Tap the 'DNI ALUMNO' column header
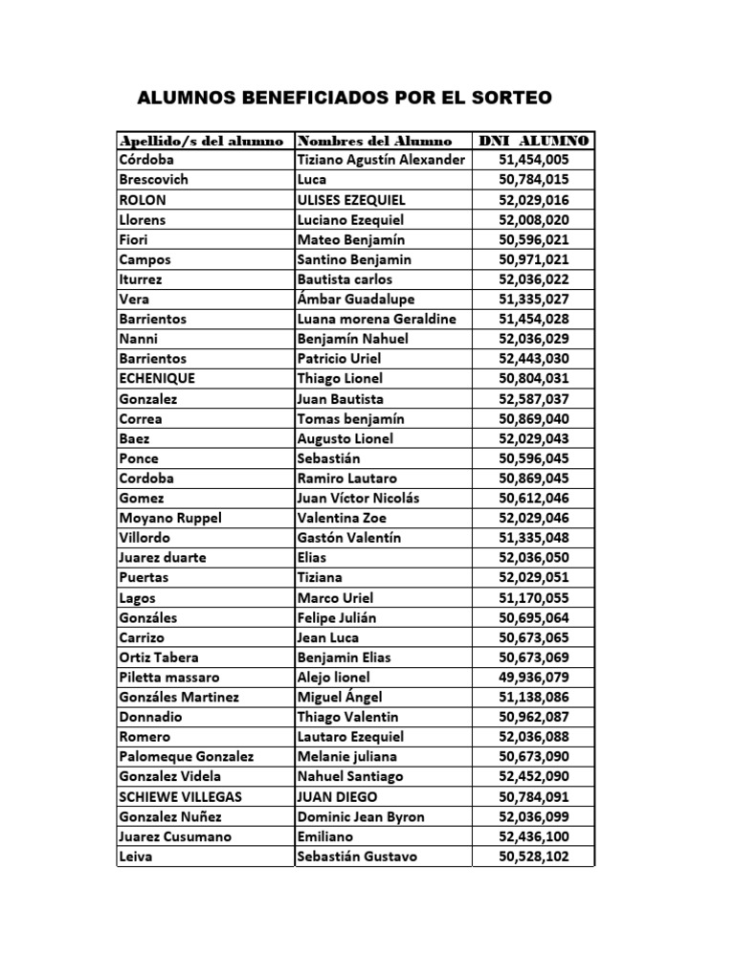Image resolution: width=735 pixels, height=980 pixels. pyautogui.click(x=534, y=140)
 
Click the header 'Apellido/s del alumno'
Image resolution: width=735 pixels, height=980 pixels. pyautogui.click(x=201, y=140)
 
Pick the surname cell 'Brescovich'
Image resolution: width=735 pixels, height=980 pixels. pyautogui.click(x=154, y=180)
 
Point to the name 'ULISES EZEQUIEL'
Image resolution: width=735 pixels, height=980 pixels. pyautogui.click(x=351, y=200)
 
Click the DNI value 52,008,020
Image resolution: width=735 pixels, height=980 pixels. pyautogui.click(x=534, y=219)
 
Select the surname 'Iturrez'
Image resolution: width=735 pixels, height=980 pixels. pyautogui.click(x=142, y=279)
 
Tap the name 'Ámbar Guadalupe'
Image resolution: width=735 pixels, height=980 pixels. pyautogui.click(x=353, y=300)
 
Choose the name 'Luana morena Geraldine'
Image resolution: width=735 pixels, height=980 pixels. pyautogui.click(x=376, y=319)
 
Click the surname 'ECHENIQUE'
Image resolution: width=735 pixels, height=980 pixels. pyautogui.click(x=156, y=379)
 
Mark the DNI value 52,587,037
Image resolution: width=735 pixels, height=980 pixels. pyautogui.click(x=534, y=399)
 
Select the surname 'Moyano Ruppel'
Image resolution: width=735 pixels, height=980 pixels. pyautogui.click(x=170, y=518)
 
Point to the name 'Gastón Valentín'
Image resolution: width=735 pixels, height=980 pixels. pyautogui.click(x=351, y=538)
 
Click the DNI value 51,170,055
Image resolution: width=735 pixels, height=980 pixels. pyautogui.click(x=534, y=598)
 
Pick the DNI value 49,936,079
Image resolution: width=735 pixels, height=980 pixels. pyautogui.click(x=534, y=678)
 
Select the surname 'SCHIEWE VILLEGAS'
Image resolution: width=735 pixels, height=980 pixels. pyautogui.click(x=180, y=797)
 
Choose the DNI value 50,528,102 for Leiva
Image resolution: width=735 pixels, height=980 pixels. pyautogui.click(x=534, y=857)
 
